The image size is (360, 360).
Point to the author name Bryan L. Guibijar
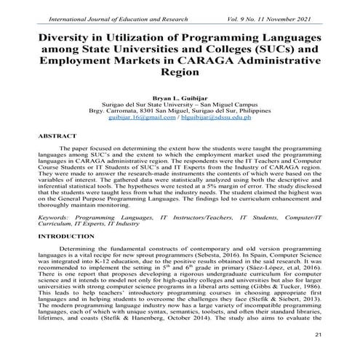pos(180,96)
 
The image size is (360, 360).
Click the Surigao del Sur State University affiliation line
pos(180,103)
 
